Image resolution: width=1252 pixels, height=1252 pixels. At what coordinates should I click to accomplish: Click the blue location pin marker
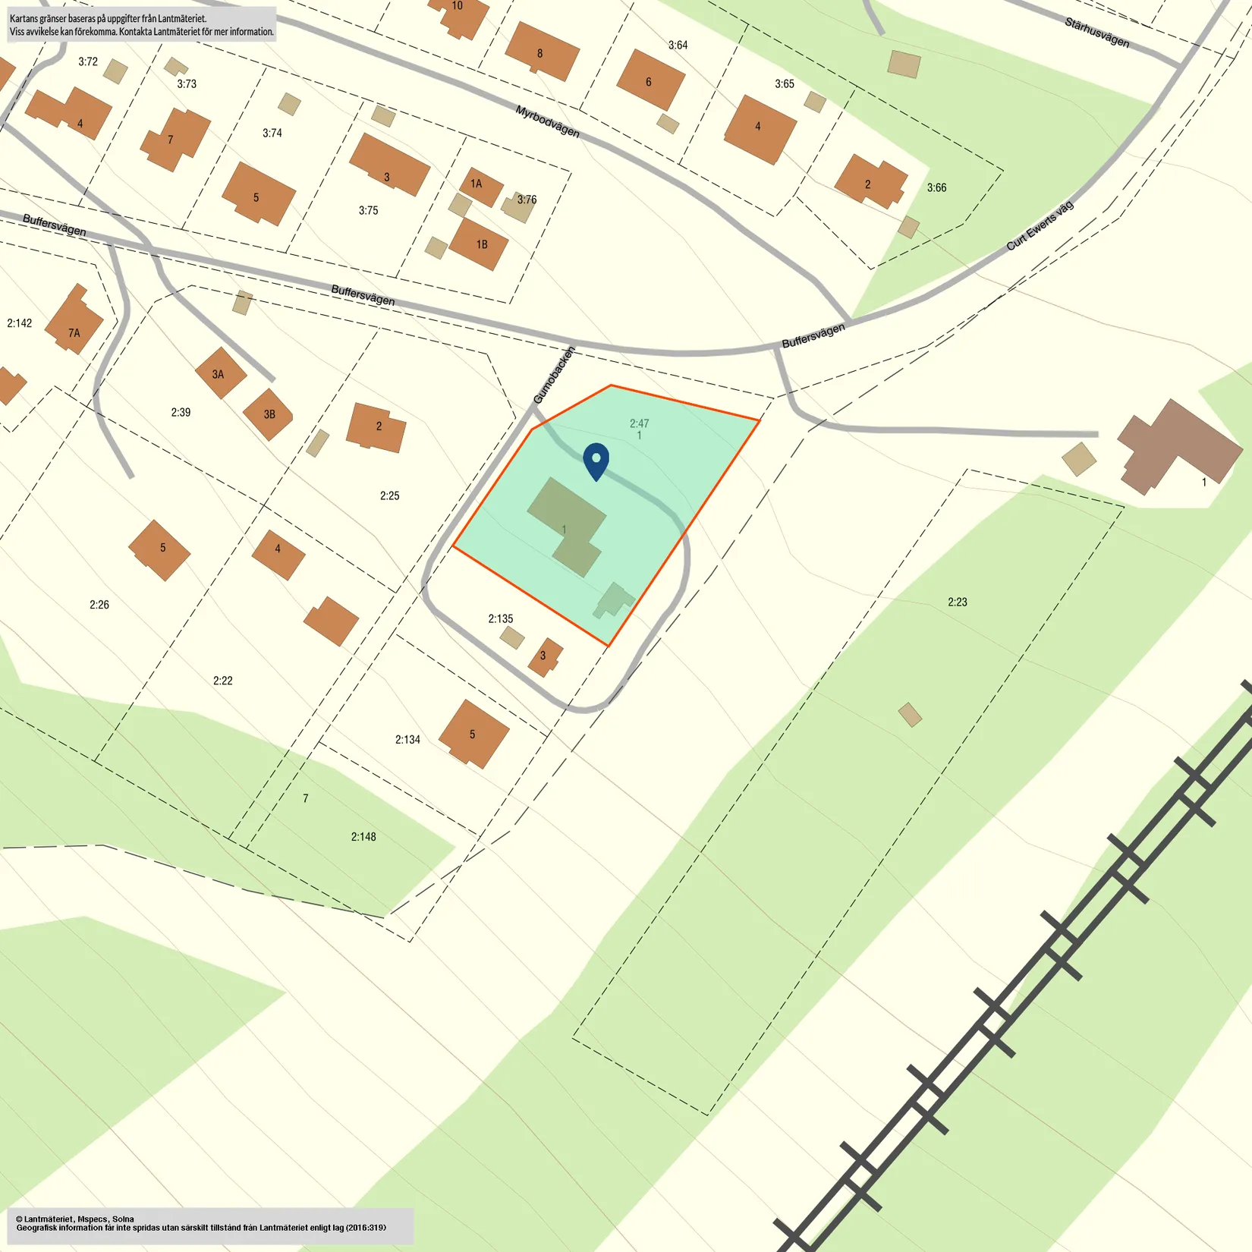596,460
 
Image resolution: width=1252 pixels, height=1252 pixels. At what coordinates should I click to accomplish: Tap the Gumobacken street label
554,375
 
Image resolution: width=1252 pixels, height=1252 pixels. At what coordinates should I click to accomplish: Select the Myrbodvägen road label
547,121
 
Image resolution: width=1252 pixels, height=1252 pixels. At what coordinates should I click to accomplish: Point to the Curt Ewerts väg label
1040,225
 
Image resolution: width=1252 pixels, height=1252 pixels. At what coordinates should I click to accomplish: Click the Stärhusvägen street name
1096,33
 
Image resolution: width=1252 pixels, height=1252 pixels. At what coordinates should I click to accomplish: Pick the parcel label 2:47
639,423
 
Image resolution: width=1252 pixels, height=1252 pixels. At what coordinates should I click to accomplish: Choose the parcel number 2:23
957,602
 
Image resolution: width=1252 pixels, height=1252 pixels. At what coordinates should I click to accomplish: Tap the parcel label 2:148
363,836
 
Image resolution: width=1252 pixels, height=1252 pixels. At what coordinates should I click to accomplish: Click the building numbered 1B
479,244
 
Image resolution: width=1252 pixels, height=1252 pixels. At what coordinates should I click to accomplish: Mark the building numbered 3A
219,373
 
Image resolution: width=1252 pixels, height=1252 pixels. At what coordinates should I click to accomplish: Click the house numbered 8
541,52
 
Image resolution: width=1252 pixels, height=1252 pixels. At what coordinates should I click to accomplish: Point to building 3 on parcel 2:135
544,656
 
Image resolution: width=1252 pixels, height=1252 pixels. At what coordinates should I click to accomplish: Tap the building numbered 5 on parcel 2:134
473,734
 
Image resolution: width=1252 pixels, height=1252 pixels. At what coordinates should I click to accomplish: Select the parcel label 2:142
20,323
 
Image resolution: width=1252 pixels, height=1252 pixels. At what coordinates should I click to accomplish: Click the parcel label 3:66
936,187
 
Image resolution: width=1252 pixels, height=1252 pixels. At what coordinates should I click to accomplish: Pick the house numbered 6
650,80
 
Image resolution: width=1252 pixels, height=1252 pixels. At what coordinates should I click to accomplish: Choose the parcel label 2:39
181,412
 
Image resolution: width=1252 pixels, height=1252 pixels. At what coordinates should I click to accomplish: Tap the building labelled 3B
269,414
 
